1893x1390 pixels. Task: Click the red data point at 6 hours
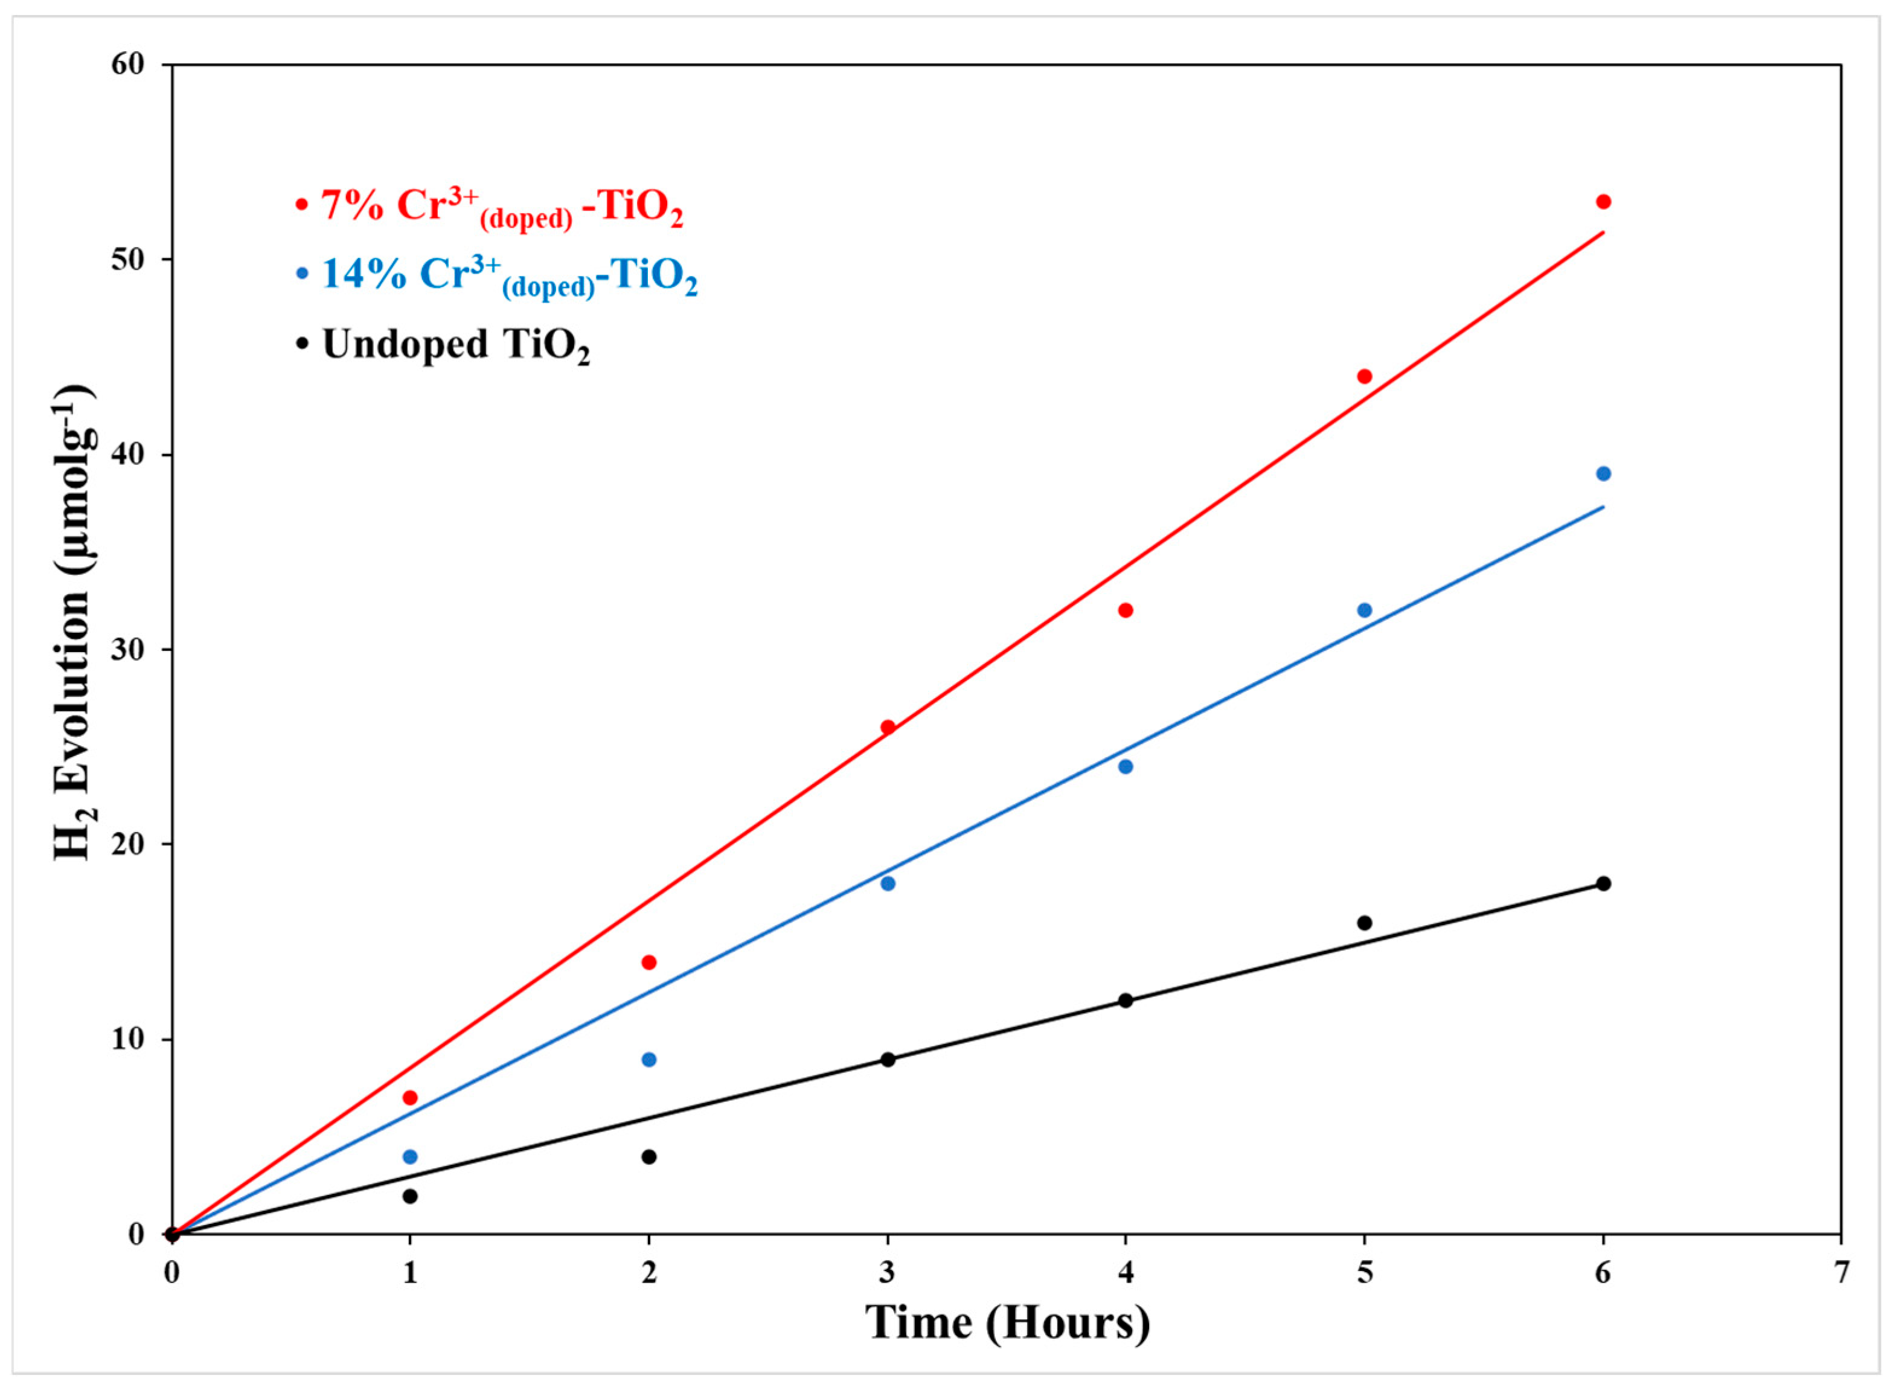(x=1603, y=202)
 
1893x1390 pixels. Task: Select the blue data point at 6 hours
(x=1603, y=474)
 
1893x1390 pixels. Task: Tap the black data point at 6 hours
(x=1603, y=883)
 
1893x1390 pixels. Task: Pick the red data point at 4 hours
(x=1126, y=610)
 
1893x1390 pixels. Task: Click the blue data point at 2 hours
(x=649, y=1059)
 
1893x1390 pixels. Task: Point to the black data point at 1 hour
(x=410, y=1196)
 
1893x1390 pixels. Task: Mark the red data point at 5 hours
(x=1365, y=376)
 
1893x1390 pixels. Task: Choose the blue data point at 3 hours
(x=888, y=883)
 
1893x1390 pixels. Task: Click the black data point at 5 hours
(x=1365, y=923)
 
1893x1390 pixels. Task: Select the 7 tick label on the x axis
(x=1842, y=1272)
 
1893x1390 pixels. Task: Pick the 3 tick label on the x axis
(x=888, y=1272)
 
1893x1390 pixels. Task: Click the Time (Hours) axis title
(x=1007, y=1323)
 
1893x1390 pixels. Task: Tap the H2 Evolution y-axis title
(x=74, y=623)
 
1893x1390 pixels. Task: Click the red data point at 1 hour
(x=410, y=1098)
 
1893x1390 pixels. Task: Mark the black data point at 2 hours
(x=649, y=1157)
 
